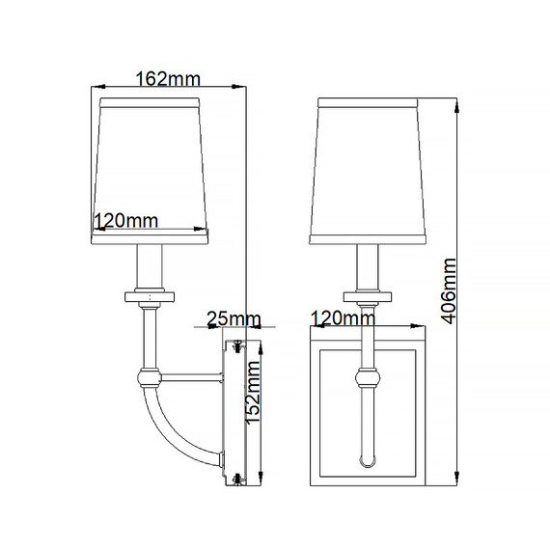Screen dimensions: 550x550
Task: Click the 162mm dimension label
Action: click(168, 78)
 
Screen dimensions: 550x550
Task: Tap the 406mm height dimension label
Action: click(449, 290)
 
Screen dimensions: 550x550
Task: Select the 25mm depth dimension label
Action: click(234, 318)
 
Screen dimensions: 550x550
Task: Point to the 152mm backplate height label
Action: click(253, 392)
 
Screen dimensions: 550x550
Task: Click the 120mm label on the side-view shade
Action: click(126, 221)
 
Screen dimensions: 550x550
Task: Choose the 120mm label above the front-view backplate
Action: click(343, 318)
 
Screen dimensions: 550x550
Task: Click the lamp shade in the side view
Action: click(151, 171)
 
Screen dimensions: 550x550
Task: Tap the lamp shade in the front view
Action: click(368, 171)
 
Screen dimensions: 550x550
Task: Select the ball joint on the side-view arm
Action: click(149, 377)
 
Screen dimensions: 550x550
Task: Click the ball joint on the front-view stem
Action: click(368, 378)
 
